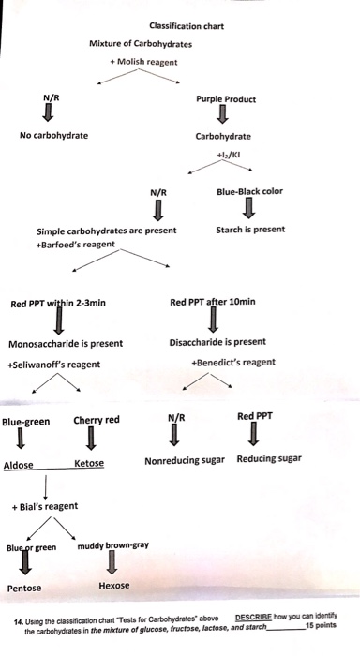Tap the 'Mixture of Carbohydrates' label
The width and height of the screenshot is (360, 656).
pyautogui.click(x=141, y=44)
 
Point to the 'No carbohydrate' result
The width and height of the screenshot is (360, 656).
pyautogui.click(x=54, y=135)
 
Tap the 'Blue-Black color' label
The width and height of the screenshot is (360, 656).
pyautogui.click(x=247, y=192)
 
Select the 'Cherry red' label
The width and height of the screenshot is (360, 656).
pyautogui.click(x=96, y=420)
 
